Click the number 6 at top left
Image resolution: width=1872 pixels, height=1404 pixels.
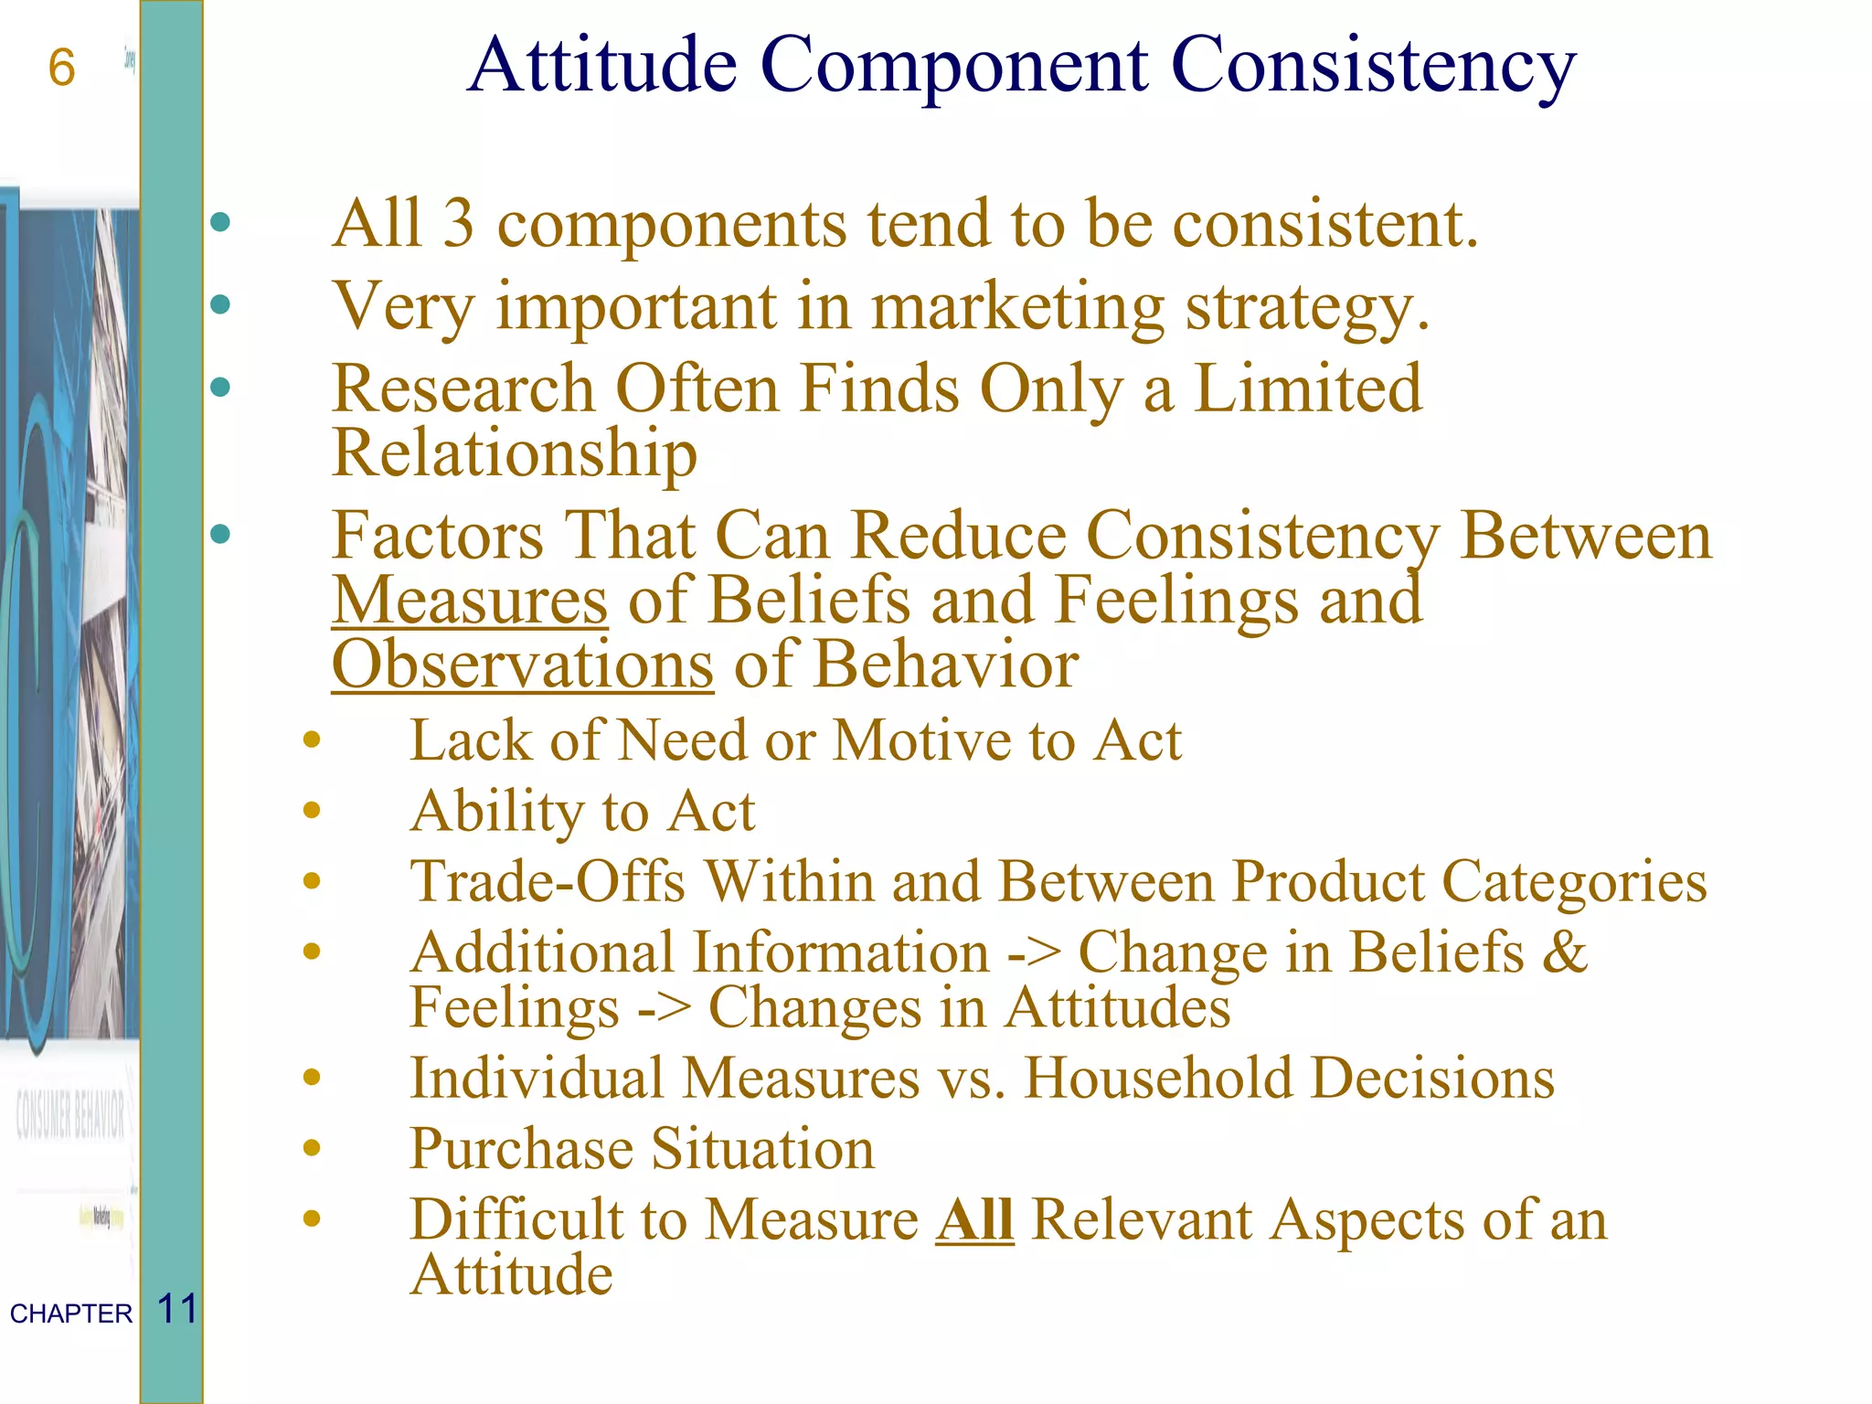pos(61,69)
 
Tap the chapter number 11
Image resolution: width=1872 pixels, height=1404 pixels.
pos(177,1309)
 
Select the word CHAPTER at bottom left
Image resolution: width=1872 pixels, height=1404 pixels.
pos(71,1314)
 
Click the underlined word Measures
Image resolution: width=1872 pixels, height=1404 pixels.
pos(469,601)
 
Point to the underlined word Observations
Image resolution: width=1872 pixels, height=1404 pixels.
pos(522,665)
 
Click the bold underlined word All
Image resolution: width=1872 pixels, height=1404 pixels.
pos(974,1220)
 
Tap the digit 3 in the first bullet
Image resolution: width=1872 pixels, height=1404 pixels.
pos(459,224)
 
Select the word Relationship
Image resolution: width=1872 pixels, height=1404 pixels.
pos(515,454)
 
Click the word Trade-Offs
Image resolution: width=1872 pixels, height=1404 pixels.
pos(548,882)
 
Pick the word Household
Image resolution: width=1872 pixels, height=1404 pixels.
pos(1157,1079)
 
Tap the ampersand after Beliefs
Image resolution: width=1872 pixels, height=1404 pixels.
pos(1565,952)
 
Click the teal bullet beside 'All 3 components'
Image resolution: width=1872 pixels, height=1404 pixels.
pos(220,222)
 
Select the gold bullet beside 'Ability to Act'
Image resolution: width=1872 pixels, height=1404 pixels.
pos(312,810)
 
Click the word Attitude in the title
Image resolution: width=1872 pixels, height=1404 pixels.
pos(602,66)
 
